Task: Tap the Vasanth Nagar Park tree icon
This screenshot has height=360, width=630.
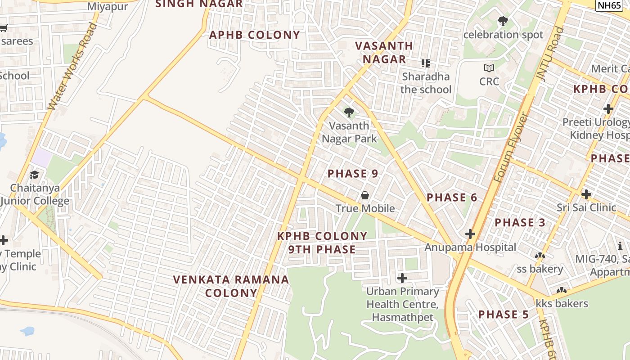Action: [x=349, y=112]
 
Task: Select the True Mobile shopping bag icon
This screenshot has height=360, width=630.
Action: [x=364, y=195]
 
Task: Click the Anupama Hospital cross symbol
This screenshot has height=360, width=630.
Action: [x=470, y=234]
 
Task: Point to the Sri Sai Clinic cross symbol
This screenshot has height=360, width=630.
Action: [x=586, y=194]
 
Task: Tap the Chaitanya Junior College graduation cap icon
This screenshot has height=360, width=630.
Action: [x=34, y=175]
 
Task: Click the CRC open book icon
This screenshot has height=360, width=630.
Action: [x=489, y=68]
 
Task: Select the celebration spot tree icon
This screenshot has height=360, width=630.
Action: [x=503, y=21]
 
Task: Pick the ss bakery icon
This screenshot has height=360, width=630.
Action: [x=540, y=256]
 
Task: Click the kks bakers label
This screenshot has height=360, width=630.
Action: [x=562, y=304]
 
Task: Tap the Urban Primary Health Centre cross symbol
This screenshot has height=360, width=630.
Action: [x=402, y=278]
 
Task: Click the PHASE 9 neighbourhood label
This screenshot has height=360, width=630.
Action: [x=353, y=174]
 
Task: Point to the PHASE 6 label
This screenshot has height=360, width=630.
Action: [x=452, y=198]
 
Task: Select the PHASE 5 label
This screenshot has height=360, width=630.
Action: [x=504, y=315]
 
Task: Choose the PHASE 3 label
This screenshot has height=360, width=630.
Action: [x=520, y=222]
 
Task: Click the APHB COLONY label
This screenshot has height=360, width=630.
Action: [x=255, y=35]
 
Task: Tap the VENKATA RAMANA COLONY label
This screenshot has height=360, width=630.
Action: [x=231, y=286]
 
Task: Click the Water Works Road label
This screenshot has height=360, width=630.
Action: [x=72, y=66]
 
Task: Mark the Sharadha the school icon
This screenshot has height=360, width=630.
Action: [x=425, y=63]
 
